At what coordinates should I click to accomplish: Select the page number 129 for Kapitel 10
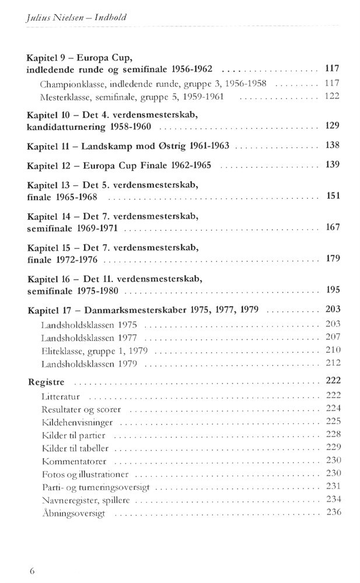(x=332, y=125)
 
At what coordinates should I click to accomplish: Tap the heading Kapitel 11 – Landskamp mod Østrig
(x=128, y=145)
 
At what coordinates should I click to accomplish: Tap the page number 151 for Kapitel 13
(x=333, y=196)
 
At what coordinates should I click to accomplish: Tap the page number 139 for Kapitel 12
(x=332, y=164)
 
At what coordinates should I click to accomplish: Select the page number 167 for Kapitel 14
(x=332, y=227)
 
